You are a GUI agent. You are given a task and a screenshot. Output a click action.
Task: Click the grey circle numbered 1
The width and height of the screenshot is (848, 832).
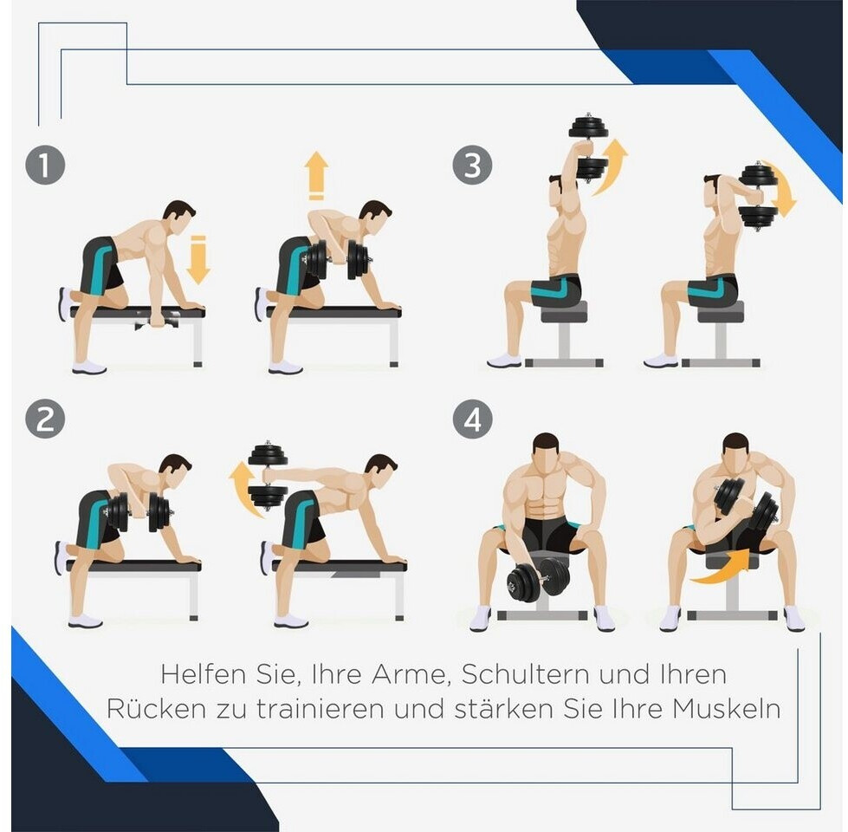click(x=45, y=165)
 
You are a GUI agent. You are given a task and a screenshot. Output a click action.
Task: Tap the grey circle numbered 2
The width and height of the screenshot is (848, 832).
click(x=45, y=419)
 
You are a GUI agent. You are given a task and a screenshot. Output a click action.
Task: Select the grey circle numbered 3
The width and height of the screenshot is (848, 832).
click(x=472, y=165)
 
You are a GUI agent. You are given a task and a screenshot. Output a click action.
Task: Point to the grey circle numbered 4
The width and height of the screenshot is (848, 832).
click(x=472, y=419)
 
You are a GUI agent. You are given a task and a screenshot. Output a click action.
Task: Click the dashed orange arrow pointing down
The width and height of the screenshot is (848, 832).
click(x=198, y=260)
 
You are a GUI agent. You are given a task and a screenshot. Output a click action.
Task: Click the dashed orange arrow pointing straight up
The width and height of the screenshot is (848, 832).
click(x=316, y=176)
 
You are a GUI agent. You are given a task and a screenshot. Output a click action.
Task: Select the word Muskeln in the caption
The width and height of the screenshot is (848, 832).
click(x=727, y=709)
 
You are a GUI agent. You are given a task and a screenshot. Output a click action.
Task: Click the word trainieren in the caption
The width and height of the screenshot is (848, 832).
click(x=320, y=709)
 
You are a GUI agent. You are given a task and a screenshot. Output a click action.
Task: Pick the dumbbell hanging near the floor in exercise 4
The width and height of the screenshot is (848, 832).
click(x=537, y=577)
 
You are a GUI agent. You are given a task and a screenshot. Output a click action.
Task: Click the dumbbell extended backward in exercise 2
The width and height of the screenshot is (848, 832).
click(x=268, y=476)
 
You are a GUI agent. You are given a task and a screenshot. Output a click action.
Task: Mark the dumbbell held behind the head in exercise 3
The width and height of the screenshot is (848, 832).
click(x=758, y=197)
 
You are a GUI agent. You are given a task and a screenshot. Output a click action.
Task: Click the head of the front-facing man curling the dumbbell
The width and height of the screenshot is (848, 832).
click(x=735, y=453)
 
